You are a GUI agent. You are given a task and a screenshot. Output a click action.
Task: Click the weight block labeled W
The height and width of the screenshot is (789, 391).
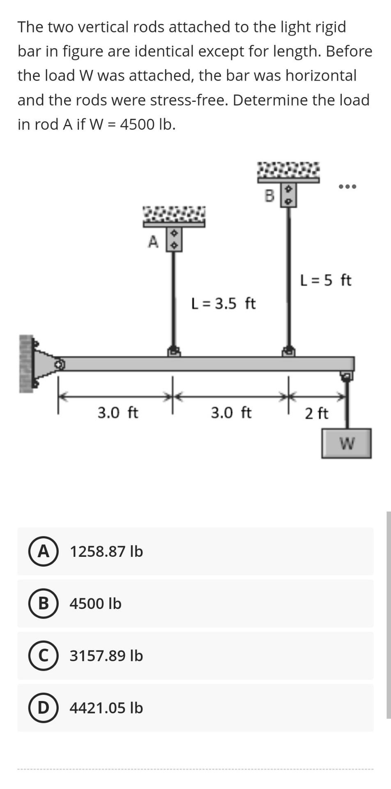pyautogui.click(x=346, y=443)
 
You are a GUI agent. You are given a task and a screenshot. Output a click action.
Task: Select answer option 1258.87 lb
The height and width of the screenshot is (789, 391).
pyautogui.click(x=106, y=551)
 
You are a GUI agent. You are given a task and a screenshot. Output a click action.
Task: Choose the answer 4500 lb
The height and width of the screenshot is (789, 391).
pyautogui.click(x=95, y=603)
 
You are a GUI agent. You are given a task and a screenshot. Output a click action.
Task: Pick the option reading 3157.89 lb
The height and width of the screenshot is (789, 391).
pyautogui.click(x=106, y=655)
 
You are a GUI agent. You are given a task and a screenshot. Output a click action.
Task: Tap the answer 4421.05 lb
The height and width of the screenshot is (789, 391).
pyautogui.click(x=106, y=708)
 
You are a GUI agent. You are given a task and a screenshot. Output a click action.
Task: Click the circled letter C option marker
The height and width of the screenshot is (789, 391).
pyautogui.click(x=43, y=655)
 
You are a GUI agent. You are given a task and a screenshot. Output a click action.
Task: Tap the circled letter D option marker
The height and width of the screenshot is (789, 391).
pyautogui.click(x=43, y=708)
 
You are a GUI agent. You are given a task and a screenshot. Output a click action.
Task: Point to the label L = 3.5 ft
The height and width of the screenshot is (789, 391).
pyautogui.click(x=223, y=304)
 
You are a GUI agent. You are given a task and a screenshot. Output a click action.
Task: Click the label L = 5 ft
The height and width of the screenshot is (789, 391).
pyautogui.click(x=326, y=280)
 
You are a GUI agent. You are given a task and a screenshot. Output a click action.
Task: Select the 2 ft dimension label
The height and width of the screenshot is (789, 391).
pyautogui.click(x=316, y=413)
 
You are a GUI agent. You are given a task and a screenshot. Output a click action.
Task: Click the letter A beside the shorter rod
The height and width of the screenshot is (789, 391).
pyautogui.click(x=153, y=242)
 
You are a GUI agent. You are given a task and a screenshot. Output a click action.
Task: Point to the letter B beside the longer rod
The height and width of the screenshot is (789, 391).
pyautogui.click(x=269, y=196)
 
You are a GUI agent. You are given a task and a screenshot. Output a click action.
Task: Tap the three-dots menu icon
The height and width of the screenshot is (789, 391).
pyautogui.click(x=347, y=187)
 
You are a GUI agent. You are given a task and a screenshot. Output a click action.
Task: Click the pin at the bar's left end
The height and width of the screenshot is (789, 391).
pyautogui.click(x=60, y=364)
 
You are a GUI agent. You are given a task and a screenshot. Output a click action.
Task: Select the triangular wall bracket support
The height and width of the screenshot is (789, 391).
pyautogui.click(x=43, y=364)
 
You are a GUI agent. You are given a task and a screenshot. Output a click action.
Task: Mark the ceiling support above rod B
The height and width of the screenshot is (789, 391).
pyautogui.click(x=288, y=173)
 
